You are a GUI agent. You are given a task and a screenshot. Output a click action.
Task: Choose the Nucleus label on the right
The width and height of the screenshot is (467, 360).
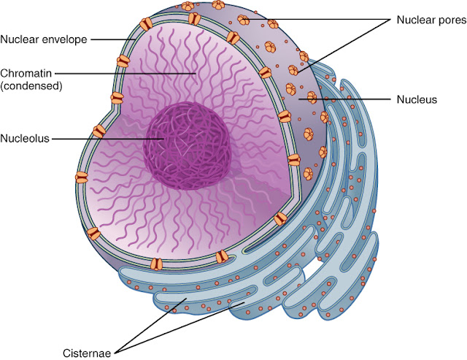click(416, 98)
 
